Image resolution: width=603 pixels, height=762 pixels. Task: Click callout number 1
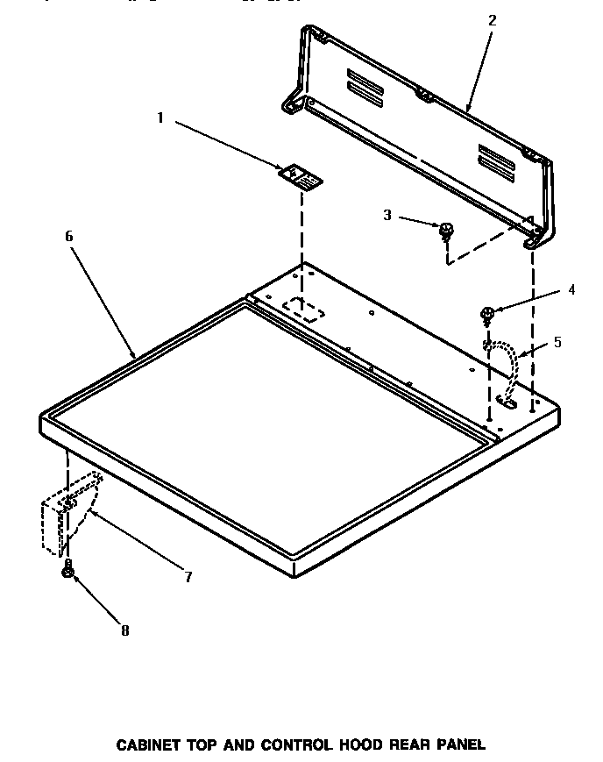pyautogui.click(x=160, y=118)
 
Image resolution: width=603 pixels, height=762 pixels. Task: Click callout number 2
pyautogui.click(x=492, y=20)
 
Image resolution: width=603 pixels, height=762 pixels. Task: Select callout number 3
pyautogui.click(x=387, y=214)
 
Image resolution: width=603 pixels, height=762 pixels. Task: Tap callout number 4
pyautogui.click(x=571, y=289)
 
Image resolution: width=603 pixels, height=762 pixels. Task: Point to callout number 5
pyautogui.click(x=557, y=342)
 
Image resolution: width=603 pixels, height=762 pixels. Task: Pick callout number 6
pyautogui.click(x=69, y=236)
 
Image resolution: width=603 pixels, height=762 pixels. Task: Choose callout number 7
pyautogui.click(x=188, y=576)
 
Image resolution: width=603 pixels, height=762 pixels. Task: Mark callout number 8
pyautogui.click(x=124, y=630)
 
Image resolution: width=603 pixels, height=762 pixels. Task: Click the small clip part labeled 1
pyautogui.click(x=301, y=176)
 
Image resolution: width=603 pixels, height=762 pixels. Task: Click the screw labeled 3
pyautogui.click(x=447, y=231)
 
